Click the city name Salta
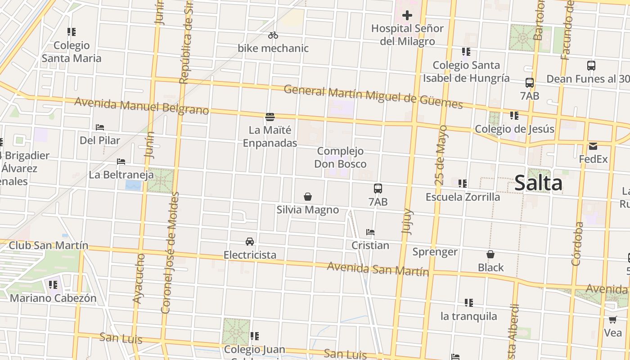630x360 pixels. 538,183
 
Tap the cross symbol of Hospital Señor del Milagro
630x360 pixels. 407,16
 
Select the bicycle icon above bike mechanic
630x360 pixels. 273,35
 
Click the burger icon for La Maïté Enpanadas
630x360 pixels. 270,117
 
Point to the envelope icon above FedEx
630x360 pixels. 593,146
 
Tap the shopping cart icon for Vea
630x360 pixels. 612,320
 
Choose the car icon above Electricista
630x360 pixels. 250,242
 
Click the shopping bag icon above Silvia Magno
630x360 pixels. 308,197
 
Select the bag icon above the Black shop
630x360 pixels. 490,255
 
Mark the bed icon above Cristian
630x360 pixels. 370,232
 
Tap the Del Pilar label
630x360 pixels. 100,140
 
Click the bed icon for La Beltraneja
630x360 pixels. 121,162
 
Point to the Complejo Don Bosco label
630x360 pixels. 340,157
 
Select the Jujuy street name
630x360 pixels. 407,220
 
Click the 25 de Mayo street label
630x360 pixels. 441,155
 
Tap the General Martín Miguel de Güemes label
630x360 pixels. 373,97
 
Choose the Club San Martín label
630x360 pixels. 49,246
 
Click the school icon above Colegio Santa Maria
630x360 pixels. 72,32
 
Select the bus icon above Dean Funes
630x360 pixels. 591,66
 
